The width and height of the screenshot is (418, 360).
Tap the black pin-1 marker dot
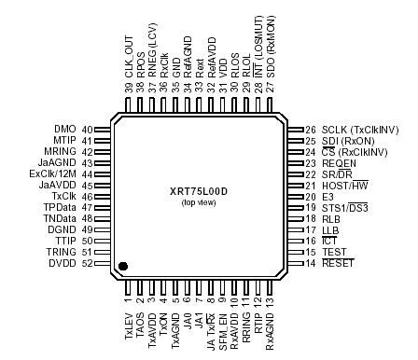point(123,267)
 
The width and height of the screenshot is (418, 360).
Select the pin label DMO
point(67,130)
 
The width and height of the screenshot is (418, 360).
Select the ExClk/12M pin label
point(56,174)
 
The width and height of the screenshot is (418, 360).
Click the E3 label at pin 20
point(327,197)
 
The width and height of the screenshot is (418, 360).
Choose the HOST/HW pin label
point(342,186)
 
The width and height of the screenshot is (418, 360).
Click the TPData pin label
point(63,208)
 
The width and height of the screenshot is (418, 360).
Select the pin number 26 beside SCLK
point(310,130)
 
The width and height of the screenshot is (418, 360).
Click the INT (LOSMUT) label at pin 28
point(258,52)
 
